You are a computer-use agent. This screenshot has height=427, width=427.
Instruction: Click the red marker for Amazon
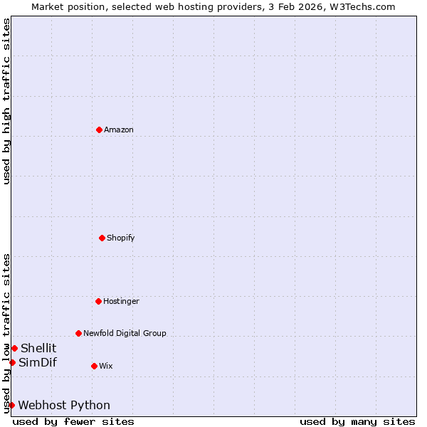click(99, 130)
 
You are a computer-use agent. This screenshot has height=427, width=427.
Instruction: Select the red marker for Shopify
click(102, 238)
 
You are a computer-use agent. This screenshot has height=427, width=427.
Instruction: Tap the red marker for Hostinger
click(98, 301)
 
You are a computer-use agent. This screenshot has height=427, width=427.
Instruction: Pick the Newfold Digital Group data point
click(78, 333)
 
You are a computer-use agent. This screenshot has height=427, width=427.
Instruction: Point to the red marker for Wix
click(94, 366)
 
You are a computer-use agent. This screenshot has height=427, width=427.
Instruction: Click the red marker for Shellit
click(14, 348)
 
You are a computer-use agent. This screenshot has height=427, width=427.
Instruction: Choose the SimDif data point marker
click(12, 362)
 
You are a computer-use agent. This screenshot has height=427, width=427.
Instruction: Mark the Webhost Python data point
click(11, 405)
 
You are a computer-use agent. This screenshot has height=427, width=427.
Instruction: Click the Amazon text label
click(119, 130)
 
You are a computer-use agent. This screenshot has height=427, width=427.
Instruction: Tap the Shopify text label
click(121, 238)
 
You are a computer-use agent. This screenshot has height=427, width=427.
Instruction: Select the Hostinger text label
click(121, 301)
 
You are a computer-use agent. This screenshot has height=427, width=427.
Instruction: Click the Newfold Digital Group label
click(125, 333)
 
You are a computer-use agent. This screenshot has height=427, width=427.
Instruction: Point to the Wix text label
click(105, 366)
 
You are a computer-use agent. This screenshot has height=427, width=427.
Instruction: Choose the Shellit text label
click(38, 348)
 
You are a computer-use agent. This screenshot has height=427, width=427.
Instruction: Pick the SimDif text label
click(38, 362)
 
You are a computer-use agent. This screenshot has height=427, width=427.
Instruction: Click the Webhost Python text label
click(64, 405)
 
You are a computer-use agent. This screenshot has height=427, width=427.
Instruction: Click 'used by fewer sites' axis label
click(73, 421)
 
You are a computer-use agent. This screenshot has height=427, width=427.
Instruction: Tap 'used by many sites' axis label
click(357, 421)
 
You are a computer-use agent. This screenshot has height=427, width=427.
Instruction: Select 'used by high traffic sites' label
click(6, 101)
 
